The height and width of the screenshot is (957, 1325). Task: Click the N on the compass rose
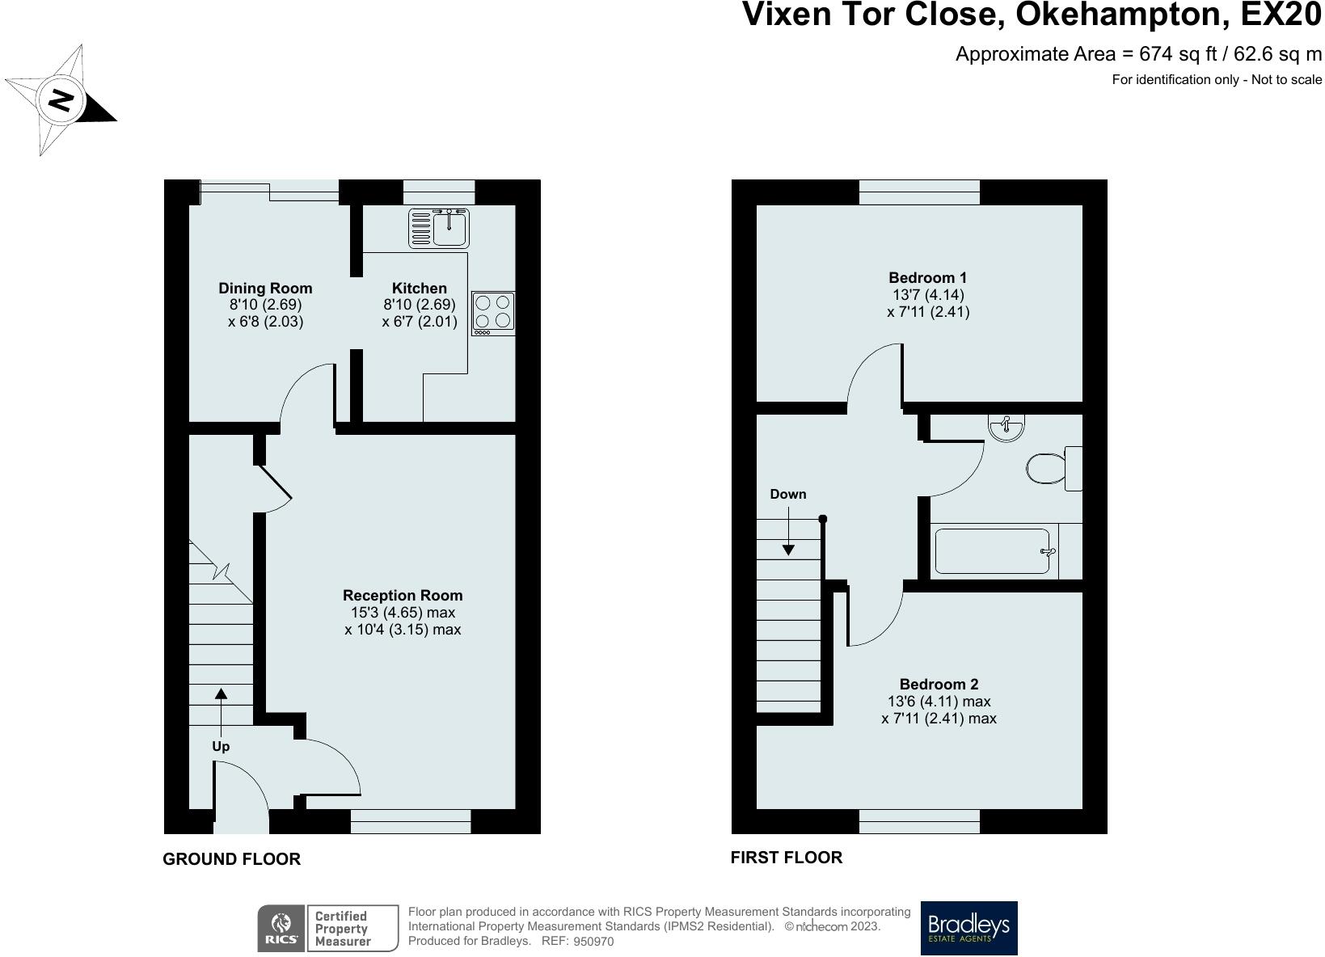(x=61, y=99)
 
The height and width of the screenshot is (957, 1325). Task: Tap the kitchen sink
(x=439, y=228)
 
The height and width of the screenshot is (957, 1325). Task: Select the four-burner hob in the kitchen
(x=493, y=314)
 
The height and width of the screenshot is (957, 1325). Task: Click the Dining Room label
(x=266, y=288)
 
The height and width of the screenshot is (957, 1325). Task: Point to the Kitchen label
(x=420, y=288)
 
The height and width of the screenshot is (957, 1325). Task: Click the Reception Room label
(x=403, y=595)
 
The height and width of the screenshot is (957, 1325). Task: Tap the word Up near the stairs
(x=221, y=746)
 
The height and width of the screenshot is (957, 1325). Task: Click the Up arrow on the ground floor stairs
(x=221, y=712)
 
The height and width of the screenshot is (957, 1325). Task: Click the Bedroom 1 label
(x=927, y=277)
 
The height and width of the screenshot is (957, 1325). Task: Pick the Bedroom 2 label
(x=939, y=685)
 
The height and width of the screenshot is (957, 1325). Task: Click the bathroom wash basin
(x=1006, y=427)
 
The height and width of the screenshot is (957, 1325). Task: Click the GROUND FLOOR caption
(x=231, y=859)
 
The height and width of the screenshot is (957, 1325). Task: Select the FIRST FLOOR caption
(x=786, y=858)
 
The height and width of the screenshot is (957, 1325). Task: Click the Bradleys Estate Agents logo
(x=969, y=928)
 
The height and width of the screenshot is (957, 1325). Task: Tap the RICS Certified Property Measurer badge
(x=327, y=928)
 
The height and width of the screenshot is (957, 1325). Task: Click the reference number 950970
(x=593, y=941)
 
